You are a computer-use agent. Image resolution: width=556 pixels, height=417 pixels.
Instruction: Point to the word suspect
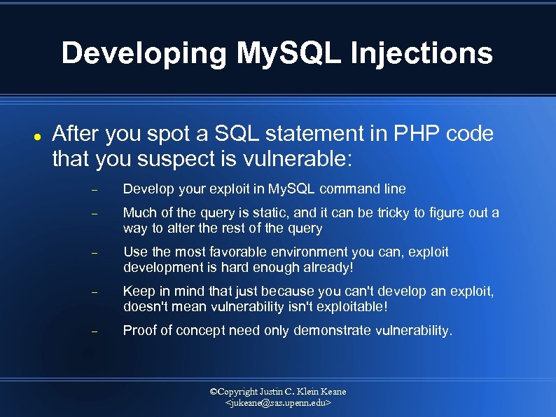[171, 159]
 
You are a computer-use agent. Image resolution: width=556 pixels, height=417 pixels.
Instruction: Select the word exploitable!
[347, 306]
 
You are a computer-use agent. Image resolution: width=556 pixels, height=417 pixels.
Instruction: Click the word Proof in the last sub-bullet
[139, 330]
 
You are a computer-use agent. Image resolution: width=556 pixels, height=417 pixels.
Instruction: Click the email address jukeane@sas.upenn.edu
[278, 404]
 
